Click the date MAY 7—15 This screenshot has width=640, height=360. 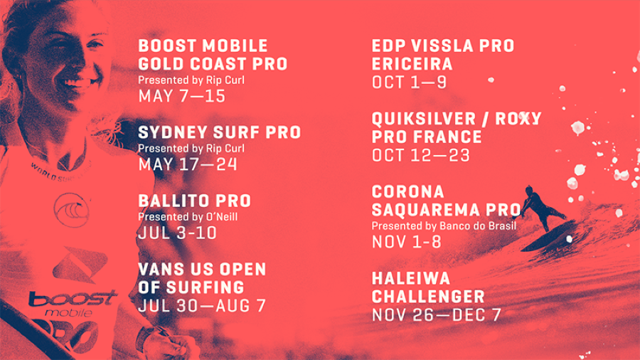click(181, 96)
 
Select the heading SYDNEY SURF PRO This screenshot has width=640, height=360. click(220, 132)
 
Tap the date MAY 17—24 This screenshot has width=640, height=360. click(188, 164)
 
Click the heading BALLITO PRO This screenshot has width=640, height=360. click(195, 201)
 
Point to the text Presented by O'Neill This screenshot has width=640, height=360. click(188, 217)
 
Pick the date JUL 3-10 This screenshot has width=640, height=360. click(178, 233)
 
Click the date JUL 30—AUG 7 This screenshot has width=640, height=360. click(202, 306)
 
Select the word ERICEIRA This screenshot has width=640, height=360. click(412, 64)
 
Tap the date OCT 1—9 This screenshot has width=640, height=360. click(410, 83)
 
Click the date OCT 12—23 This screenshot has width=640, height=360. click(421, 156)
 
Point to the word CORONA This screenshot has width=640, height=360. click(408, 192)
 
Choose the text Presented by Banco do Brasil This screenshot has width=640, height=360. click(444, 226)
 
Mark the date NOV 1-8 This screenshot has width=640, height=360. click(407, 243)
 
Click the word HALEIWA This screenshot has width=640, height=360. click(411, 278)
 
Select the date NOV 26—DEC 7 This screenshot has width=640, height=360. click(437, 315)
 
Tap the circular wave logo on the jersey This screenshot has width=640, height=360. click(72, 210)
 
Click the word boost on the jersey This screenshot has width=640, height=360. click(73, 300)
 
